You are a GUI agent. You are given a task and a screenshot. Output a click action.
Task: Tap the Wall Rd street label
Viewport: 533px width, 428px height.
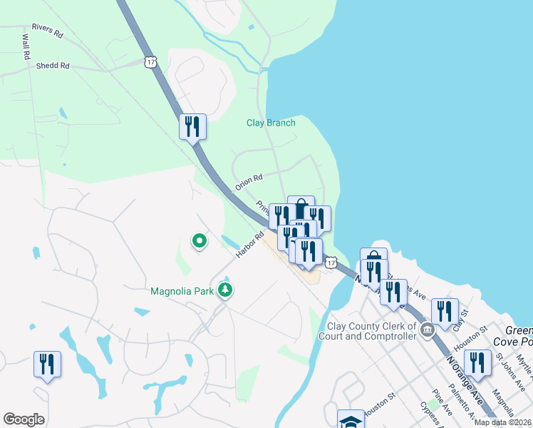point(26,46)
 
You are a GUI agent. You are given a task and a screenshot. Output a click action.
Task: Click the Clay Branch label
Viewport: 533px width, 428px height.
point(271,123)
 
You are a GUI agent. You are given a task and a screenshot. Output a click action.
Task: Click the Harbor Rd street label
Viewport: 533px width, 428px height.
point(251,244)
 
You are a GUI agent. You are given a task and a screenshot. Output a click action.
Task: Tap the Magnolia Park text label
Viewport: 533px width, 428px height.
point(182,291)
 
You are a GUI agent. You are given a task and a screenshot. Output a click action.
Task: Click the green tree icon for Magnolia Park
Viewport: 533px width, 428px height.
point(226,290)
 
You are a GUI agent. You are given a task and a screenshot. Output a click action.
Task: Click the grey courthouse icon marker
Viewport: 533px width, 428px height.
point(427,330)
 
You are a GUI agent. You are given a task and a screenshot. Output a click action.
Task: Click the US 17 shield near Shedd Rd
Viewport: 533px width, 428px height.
point(150,62)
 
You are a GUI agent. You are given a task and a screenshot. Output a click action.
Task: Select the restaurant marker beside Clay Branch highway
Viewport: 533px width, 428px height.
point(192,126)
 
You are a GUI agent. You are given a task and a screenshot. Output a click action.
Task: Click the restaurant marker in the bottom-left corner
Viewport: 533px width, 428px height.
point(47,364)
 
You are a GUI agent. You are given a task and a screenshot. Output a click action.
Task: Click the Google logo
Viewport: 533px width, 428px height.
point(24,419)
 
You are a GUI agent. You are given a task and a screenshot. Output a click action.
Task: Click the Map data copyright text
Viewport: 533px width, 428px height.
point(502,422)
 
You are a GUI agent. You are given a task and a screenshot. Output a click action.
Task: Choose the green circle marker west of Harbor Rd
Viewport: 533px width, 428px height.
point(200,243)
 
